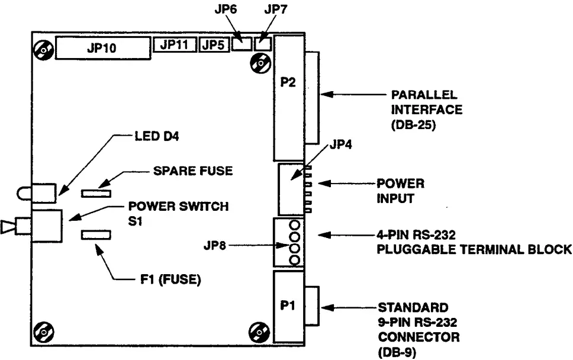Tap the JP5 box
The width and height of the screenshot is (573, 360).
click(213, 44)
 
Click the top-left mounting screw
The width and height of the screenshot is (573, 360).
click(43, 50)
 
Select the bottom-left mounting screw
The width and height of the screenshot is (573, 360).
click(43, 333)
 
